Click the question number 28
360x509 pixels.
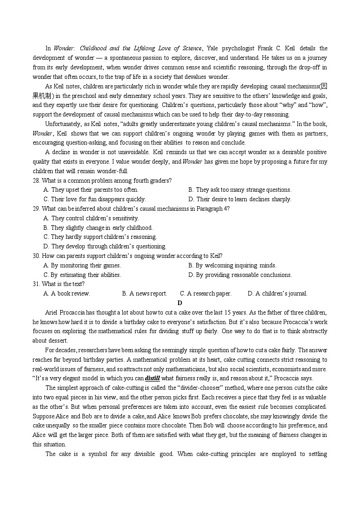pyautogui.click(x=36, y=180)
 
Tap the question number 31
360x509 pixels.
pyautogui.click(x=36, y=284)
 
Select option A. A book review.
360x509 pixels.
pyautogui.click(x=67, y=294)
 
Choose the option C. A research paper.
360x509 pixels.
pyautogui.click(x=205, y=294)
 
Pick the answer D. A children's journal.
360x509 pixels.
pyautogui.click(x=277, y=294)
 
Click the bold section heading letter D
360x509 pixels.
pyautogui.click(x=180, y=303)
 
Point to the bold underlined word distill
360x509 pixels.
pyautogui.click(x=152, y=378)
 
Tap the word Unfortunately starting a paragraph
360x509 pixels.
pyautogui.click(x=63, y=124)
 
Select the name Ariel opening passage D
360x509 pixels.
pyautogui.click(x=53, y=312)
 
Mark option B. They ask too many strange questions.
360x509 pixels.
pyautogui.click(x=239, y=190)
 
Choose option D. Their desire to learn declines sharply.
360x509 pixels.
pyautogui.click(x=239, y=199)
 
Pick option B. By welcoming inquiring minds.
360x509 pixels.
pyautogui.click(x=232, y=266)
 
